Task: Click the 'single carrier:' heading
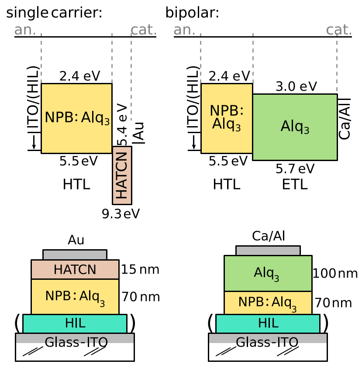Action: pos(54,13)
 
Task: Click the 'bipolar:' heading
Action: pos(192,13)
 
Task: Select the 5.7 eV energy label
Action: pos(295,168)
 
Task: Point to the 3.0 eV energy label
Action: pos(296,86)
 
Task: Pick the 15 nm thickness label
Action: pos(140,269)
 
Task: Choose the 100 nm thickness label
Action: pos(335,274)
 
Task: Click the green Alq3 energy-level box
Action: pos(295,127)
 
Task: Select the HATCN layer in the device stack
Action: pos(75,270)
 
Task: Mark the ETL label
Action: pos(295,185)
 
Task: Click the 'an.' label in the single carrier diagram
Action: pos(25,30)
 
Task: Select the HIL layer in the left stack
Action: pos(75,323)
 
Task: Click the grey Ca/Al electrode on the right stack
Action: pos(268,251)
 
